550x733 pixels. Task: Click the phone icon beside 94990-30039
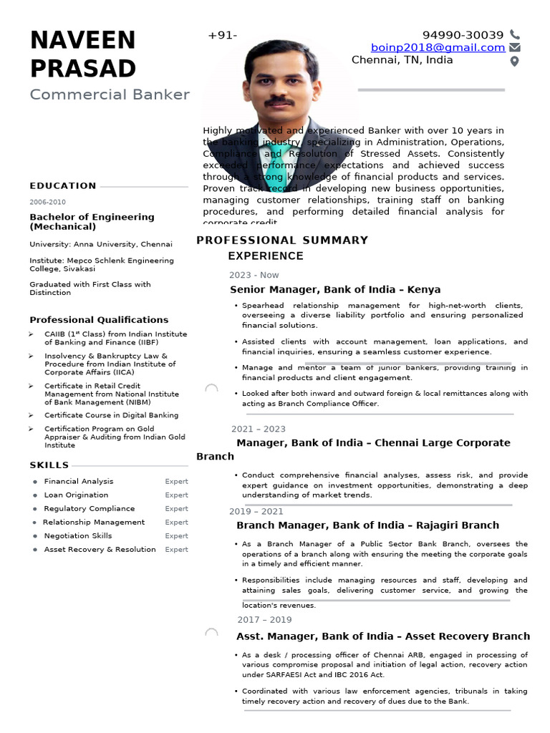514,34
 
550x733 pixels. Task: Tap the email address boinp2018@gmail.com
438,47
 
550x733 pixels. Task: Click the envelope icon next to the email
514,47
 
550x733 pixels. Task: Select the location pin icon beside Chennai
513,62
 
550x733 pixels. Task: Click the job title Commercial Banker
110,94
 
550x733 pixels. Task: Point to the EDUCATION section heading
63,185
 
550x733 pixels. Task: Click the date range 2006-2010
47,202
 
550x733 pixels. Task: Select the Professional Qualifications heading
99,320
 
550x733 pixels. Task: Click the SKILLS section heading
49,465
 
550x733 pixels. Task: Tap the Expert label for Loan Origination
176,495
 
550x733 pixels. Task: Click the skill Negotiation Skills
78,536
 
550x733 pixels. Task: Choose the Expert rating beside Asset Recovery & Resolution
176,550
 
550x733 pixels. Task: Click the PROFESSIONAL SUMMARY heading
282,241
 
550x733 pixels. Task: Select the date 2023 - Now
254,275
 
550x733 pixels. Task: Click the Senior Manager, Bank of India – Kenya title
335,290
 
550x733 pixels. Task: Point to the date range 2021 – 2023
258,429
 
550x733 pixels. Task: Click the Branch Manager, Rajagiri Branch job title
367,525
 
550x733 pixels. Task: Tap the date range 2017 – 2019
264,620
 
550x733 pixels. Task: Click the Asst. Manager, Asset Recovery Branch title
383,636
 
